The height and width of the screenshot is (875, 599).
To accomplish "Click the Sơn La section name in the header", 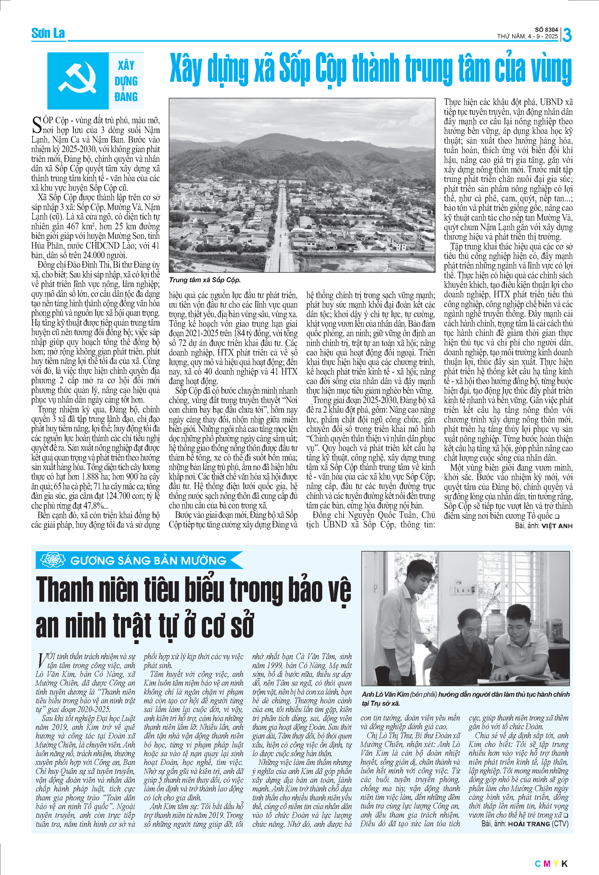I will pos(48,34).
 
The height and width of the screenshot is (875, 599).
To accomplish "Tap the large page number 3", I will pos(567,35).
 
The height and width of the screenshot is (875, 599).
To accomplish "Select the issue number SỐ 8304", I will pos(546,30).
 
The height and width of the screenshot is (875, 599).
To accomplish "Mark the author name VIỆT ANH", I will pos(557,526).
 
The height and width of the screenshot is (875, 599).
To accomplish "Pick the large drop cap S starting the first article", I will pos(37,125).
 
